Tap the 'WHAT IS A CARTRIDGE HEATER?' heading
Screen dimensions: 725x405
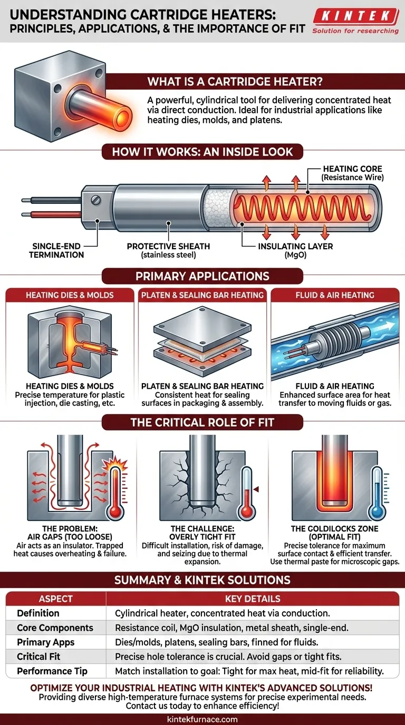click(x=235, y=82)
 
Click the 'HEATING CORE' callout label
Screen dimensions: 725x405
click(x=353, y=169)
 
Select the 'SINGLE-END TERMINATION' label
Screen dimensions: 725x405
click(x=58, y=250)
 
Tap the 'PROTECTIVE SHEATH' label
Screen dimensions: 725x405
click(x=168, y=246)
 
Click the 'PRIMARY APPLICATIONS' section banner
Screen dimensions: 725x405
click(x=202, y=276)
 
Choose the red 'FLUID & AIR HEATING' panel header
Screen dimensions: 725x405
click(x=335, y=295)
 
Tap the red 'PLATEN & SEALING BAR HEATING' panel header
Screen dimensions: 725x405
click(x=202, y=295)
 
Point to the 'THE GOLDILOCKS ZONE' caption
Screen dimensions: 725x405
click(x=334, y=528)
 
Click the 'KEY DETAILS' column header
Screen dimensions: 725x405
click(x=252, y=599)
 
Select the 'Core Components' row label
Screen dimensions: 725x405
click(x=55, y=628)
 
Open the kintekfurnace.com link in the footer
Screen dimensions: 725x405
click(x=202, y=719)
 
